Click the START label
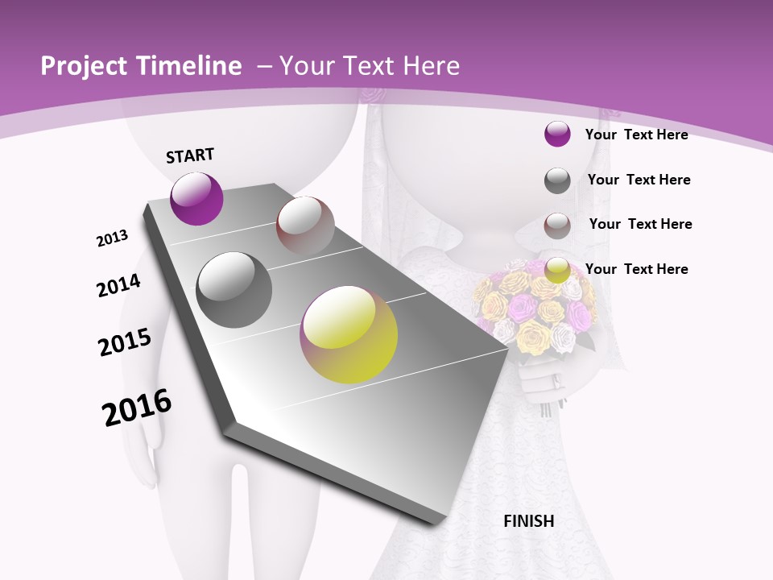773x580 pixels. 190,155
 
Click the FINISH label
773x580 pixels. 529,521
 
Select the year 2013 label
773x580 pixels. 112,238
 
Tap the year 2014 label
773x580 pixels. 118,286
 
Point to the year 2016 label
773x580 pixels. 137,408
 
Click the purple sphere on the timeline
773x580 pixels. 196,198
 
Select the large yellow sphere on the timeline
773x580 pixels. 349,334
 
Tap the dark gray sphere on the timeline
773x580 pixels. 234,290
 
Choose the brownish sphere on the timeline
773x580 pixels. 305,226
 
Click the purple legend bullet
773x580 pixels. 557,134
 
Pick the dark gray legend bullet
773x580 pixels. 557,180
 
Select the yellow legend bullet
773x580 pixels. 557,270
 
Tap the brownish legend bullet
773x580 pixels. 557,226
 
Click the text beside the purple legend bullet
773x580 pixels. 636,135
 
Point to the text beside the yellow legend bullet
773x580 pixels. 636,269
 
